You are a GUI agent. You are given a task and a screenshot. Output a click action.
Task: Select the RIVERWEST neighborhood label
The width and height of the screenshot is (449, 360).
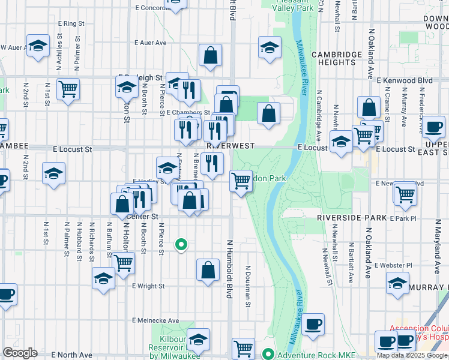point(231,146)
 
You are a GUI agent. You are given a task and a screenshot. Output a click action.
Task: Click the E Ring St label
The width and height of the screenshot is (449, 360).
point(71,23)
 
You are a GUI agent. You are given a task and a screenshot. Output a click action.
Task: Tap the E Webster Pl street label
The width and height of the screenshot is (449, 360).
point(393,265)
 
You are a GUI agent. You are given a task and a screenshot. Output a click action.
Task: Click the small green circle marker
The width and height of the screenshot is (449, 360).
point(180,244)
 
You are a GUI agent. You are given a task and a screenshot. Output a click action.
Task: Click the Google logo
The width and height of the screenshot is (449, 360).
point(19,353)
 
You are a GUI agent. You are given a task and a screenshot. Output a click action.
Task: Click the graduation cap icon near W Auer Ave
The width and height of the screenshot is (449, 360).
point(38,47)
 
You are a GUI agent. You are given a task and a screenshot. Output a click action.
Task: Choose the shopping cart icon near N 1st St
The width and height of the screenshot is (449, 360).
point(68,89)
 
